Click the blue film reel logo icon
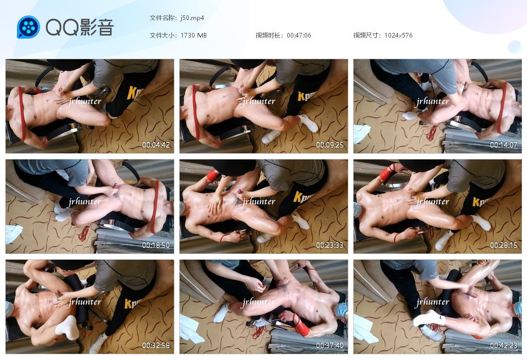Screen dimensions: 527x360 pos(28,27)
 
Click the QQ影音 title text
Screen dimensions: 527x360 pos(80,27)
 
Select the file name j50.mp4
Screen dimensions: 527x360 pos(192,18)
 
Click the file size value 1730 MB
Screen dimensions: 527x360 pos(194,35)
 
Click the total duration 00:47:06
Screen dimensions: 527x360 pos(299,35)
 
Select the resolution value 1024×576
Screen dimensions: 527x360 pos(398,35)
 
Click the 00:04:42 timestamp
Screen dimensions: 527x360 pos(155,145)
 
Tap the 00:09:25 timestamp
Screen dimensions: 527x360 pos(330,145)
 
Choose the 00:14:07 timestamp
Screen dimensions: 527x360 pos(503,145)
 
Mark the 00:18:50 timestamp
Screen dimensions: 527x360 pos(155,245)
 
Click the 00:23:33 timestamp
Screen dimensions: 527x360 pos(330,245)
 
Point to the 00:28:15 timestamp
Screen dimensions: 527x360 pos(503,245)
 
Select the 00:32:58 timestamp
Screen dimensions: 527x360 pos(155,345)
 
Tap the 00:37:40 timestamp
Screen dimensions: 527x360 pos(330,345)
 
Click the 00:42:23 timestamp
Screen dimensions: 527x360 pos(503,345)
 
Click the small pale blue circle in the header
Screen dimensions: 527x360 pos(515,47)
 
